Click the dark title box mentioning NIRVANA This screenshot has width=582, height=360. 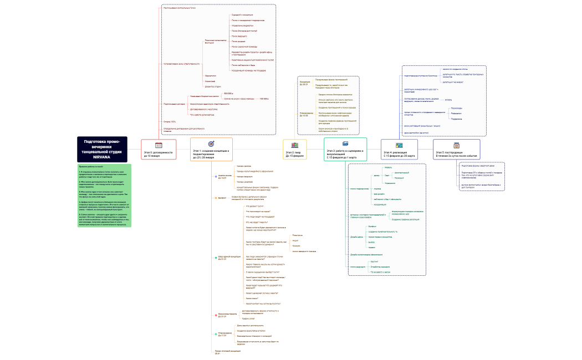tap(102, 150)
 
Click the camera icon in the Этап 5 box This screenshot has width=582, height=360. tap(457, 144)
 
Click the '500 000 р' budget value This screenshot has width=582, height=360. tap(228, 94)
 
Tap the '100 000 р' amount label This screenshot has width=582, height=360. tap(264, 99)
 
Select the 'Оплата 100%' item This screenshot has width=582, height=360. tap(170, 121)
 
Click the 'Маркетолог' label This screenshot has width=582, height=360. tap(211, 75)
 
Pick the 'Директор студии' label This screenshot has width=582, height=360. tap(213, 86)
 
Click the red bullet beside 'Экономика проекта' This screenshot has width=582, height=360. tap(215, 315)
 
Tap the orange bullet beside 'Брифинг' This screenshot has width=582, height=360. tap(215, 197)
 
